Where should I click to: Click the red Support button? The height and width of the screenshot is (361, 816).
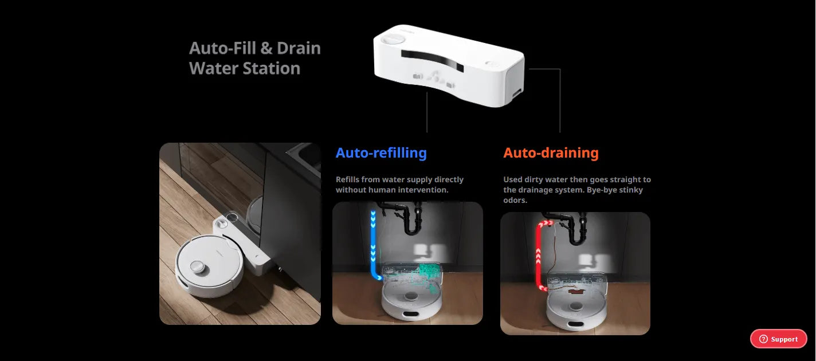pos(779,339)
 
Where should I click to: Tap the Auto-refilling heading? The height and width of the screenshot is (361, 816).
pos(381,152)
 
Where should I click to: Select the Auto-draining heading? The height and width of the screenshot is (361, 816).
pos(551,152)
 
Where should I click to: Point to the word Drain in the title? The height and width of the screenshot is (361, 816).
pos(299,48)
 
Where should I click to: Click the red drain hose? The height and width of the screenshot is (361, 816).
pos(540,255)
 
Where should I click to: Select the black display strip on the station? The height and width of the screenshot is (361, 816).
pos(433,60)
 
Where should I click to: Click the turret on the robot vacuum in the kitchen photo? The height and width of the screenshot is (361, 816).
pos(198,266)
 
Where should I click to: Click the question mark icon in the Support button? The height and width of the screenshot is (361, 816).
pos(763,339)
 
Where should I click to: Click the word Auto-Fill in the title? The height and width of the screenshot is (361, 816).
pos(222,48)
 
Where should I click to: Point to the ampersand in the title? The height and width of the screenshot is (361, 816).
pos(266,48)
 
